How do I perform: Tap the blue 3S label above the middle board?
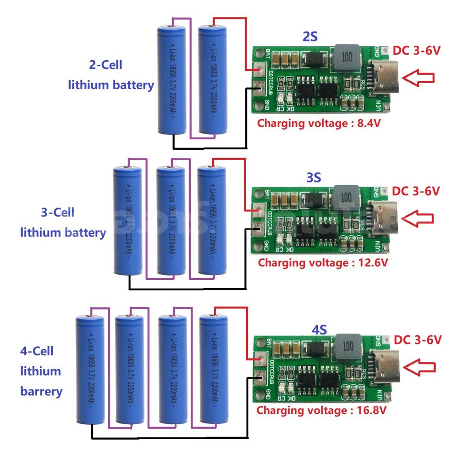(313, 178)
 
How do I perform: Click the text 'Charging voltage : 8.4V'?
(319, 123)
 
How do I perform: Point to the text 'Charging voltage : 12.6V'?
(323, 263)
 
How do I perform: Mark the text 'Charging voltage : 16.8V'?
(321, 410)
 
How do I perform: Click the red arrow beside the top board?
(418, 78)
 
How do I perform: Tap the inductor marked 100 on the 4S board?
(348, 346)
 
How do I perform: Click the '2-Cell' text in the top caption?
(105, 65)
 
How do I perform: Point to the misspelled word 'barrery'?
(41, 391)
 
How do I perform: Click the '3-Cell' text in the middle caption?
(57, 213)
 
